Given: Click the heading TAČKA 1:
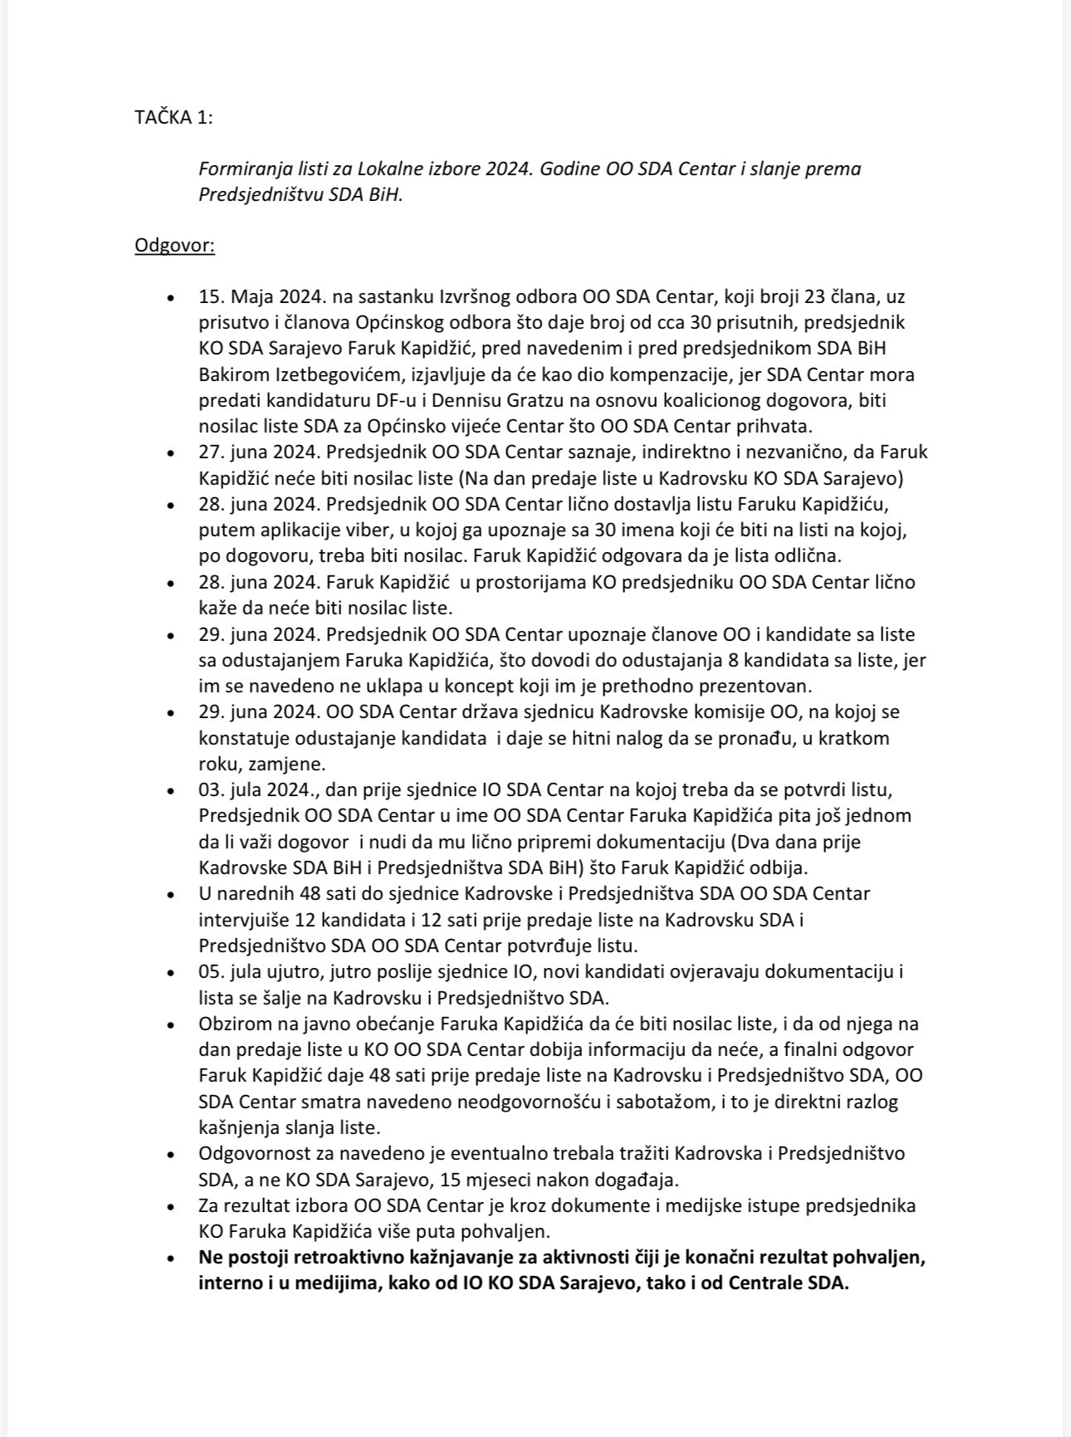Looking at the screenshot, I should (x=174, y=117).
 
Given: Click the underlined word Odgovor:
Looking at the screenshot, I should (x=174, y=246).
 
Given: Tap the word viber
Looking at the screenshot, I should (x=330, y=530).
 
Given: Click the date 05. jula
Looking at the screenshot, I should (x=229, y=971).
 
